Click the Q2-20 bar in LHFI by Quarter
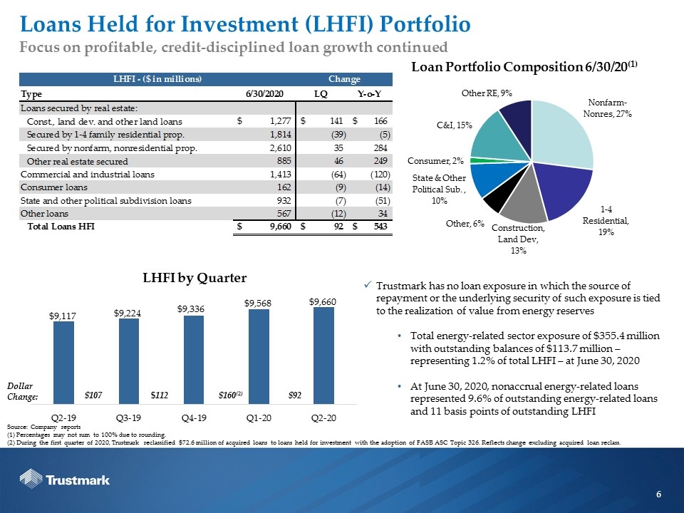tap(323, 356)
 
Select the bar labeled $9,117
tap(63, 363)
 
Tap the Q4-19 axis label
tap(194, 418)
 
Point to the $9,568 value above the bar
tap(258, 303)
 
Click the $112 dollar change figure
tap(159, 395)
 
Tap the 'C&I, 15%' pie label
tap(454, 125)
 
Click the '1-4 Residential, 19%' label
tap(606, 220)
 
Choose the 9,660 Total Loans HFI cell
tap(279, 227)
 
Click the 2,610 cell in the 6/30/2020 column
tap(281, 148)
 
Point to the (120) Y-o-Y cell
tap(380, 174)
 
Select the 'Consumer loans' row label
tap(54, 187)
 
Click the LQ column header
tap(321, 94)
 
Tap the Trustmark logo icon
tap(31, 479)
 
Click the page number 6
tap(658, 494)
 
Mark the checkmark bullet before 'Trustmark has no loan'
tap(368, 285)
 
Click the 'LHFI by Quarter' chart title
tap(195, 278)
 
